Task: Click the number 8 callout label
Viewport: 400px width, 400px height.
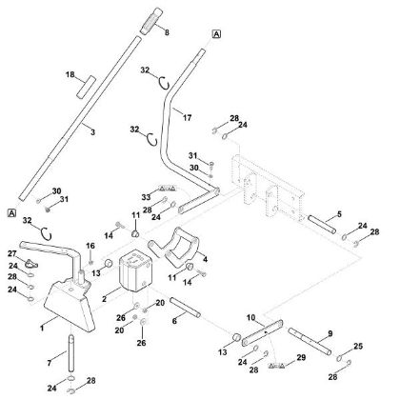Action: [169, 33]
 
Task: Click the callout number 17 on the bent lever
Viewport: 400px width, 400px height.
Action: [186, 119]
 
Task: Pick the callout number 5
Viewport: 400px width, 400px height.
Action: [340, 214]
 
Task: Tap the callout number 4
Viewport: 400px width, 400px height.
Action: [206, 259]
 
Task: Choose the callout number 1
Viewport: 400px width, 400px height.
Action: [43, 327]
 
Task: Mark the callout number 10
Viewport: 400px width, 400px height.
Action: [250, 318]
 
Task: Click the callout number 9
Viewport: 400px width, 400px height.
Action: [330, 333]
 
